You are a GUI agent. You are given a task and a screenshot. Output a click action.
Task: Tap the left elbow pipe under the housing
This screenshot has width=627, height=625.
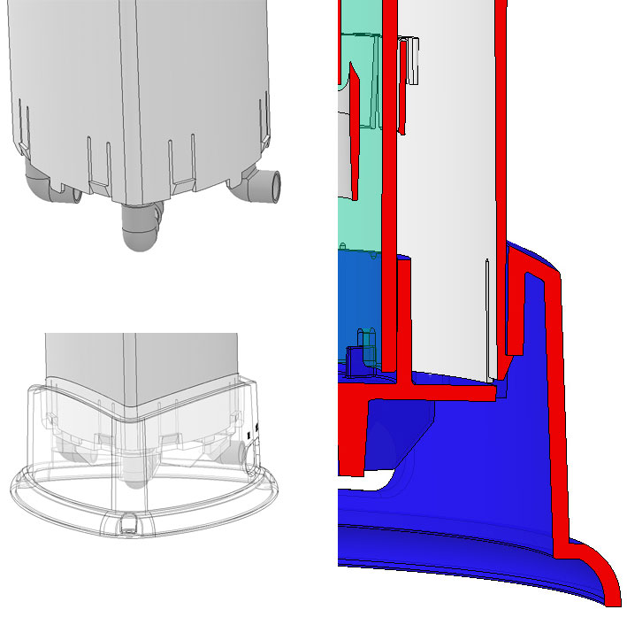coord(39,185)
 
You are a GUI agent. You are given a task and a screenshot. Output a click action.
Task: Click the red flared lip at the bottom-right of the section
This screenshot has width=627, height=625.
coord(597,575)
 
